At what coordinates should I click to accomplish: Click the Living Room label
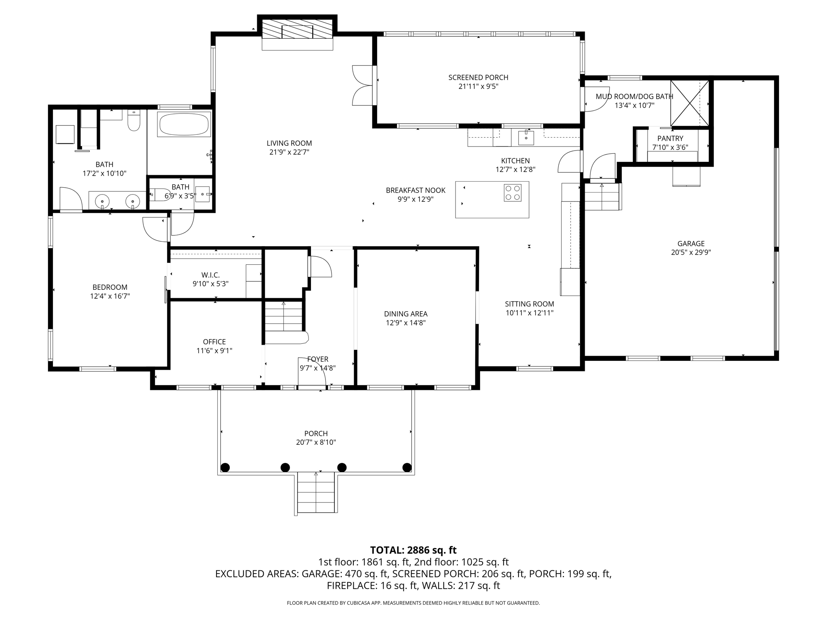(x=289, y=143)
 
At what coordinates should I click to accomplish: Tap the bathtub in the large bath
(x=185, y=124)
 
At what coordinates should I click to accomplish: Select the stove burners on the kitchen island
(x=512, y=193)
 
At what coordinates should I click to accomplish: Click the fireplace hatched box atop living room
(x=298, y=29)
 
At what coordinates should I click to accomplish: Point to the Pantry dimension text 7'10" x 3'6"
(x=670, y=147)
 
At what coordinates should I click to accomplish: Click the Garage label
(x=691, y=243)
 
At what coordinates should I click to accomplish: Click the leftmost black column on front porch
(x=225, y=467)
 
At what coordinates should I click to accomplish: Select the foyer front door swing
(x=312, y=371)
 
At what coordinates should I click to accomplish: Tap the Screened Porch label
(x=478, y=77)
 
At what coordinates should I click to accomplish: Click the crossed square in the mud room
(x=689, y=103)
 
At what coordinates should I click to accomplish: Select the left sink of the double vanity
(x=103, y=201)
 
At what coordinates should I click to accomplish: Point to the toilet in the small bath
(x=161, y=195)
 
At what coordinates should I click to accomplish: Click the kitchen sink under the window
(x=526, y=138)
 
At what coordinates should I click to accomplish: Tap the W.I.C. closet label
(x=210, y=275)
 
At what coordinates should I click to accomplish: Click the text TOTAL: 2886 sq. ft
(x=413, y=550)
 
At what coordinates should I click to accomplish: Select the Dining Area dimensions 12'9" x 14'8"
(x=405, y=323)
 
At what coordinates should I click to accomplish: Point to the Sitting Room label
(x=529, y=304)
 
